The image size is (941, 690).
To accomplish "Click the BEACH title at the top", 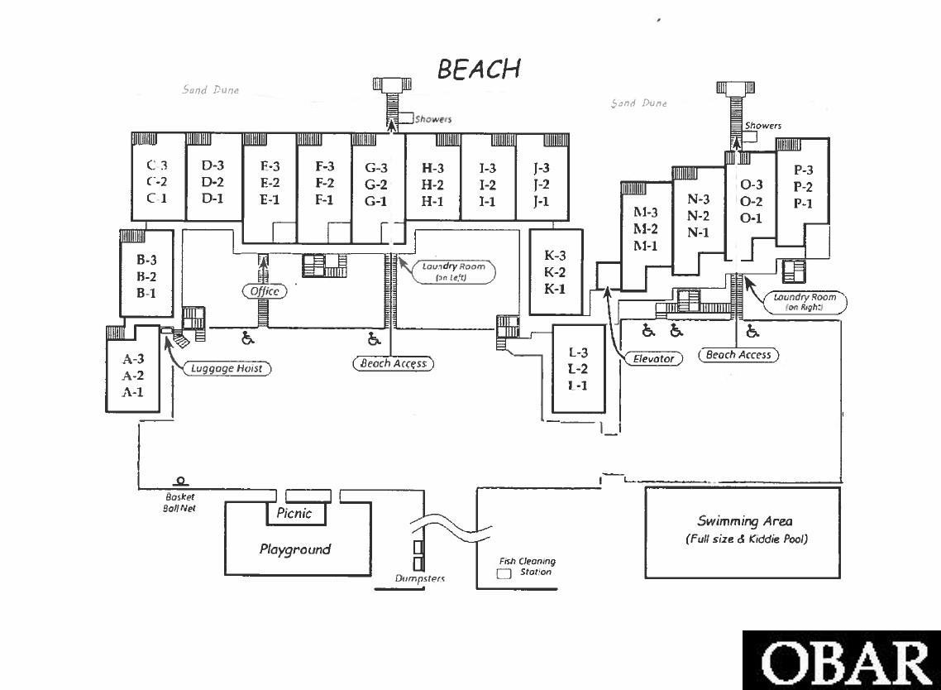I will pos(479,69).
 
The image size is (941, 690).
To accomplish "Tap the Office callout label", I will pos(265,291).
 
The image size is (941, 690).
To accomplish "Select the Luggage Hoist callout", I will pos(227,368).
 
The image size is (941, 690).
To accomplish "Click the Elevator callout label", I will pos(654,359).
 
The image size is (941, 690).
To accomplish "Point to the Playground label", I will pos(295,549).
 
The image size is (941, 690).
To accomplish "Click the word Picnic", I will pos(294,513).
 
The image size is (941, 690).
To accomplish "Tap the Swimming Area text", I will pos(745,521).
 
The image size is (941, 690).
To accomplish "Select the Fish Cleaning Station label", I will pos(527,566).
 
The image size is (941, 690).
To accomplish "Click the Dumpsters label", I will pos(419,579).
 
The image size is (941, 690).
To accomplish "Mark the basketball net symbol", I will pos(179,481).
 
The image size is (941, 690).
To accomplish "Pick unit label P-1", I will pos(803,204).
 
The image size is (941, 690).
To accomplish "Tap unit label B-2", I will pos(146,276).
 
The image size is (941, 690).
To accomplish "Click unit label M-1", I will pos(646,246).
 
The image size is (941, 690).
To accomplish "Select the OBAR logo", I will pos(842,661).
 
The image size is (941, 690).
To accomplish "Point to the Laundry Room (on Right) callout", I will pos(805,302).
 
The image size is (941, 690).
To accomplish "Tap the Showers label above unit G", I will pos(433,119).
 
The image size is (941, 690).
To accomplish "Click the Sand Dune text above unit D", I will pos(211,90).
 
